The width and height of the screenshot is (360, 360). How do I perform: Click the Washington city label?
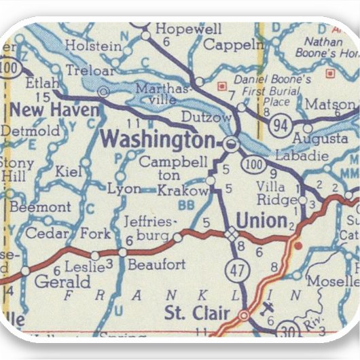157,140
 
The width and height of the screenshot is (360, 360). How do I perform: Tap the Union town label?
260,220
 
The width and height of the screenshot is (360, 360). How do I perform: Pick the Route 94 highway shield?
278,124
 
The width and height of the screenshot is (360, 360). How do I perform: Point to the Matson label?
330,104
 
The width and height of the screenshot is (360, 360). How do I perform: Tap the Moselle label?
332,281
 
